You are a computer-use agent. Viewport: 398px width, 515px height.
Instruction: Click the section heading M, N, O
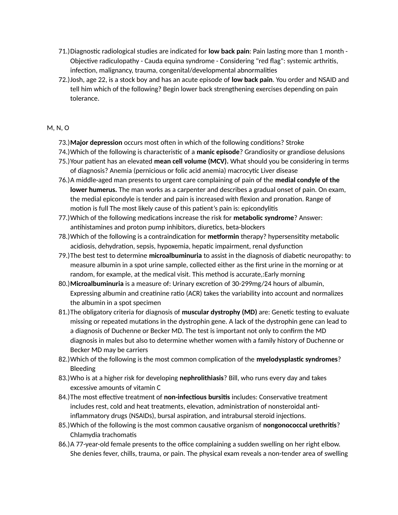(x=58, y=128)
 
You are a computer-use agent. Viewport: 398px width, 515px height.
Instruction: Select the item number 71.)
(x=64, y=51)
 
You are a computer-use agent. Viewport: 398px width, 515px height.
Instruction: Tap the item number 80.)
(x=64, y=284)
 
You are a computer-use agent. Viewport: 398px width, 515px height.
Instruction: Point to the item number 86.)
(x=64, y=444)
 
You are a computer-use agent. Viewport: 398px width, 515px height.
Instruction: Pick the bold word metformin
(x=223, y=237)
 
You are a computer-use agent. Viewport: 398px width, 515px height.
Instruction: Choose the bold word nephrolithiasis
(x=202, y=378)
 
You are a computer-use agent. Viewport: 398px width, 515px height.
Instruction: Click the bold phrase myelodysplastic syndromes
(x=297, y=359)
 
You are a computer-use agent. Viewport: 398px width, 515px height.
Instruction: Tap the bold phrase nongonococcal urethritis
(x=300, y=425)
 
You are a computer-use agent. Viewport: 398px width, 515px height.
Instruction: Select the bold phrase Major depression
(x=96, y=142)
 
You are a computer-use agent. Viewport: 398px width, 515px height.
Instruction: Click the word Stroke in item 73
(x=295, y=142)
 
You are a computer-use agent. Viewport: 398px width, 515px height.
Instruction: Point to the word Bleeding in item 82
(x=83, y=369)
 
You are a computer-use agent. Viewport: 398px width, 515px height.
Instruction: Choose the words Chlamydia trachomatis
(x=103, y=435)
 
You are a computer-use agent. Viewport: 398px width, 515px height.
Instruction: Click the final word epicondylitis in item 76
(x=260, y=209)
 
